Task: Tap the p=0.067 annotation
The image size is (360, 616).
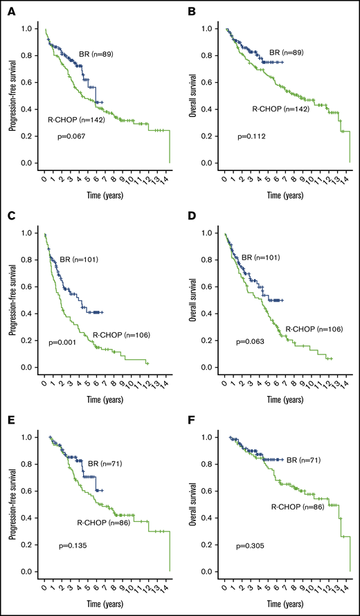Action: click(71, 137)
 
